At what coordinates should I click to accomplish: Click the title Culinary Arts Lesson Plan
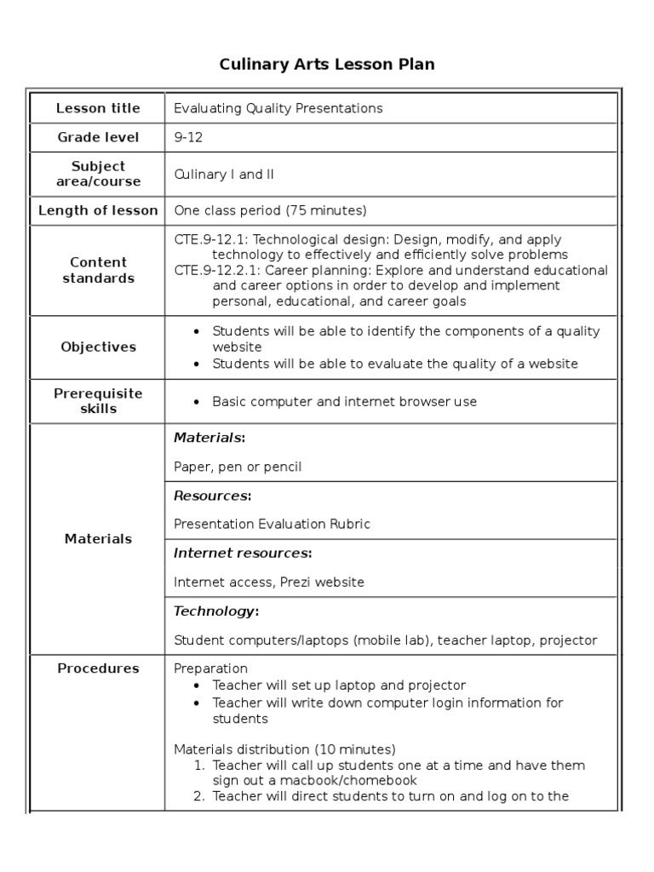tap(327, 65)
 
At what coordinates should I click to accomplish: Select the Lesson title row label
tap(98, 108)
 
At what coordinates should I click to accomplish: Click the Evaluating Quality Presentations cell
tap(278, 108)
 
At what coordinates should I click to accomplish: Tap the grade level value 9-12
tap(188, 137)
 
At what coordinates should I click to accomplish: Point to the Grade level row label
tap(98, 137)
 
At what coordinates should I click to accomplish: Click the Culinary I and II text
tap(224, 175)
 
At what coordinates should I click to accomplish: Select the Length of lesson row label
tap(98, 210)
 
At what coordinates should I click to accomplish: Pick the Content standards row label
tap(98, 270)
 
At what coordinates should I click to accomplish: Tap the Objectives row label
tap(98, 347)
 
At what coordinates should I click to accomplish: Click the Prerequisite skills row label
tap(98, 401)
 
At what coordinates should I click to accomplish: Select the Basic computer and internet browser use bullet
tap(344, 402)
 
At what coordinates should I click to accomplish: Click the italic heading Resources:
tap(212, 496)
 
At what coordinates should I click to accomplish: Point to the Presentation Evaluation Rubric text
tap(272, 525)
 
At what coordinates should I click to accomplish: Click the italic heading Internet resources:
tap(243, 554)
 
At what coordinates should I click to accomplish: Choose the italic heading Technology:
tap(216, 611)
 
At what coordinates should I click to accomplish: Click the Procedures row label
tap(98, 668)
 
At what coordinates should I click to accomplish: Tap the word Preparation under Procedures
tap(210, 668)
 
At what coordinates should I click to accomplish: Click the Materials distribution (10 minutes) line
tap(284, 749)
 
